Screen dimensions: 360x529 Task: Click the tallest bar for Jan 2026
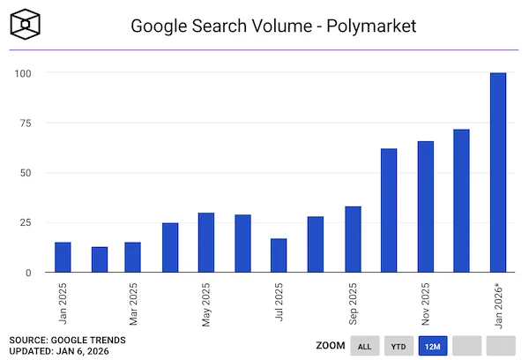tap(498, 173)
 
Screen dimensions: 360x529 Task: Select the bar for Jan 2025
tap(63, 258)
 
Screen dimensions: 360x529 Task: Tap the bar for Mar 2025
tap(132, 258)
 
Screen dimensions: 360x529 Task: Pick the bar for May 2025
tap(206, 243)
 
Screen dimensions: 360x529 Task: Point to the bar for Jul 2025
tap(279, 256)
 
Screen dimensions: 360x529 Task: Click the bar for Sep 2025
tap(352, 240)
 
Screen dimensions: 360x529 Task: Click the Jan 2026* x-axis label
tap(499, 304)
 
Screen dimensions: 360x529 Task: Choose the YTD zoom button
tap(398, 346)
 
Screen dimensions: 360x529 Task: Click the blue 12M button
tap(432, 346)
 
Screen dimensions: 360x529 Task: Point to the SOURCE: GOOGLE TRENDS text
tap(68, 339)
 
